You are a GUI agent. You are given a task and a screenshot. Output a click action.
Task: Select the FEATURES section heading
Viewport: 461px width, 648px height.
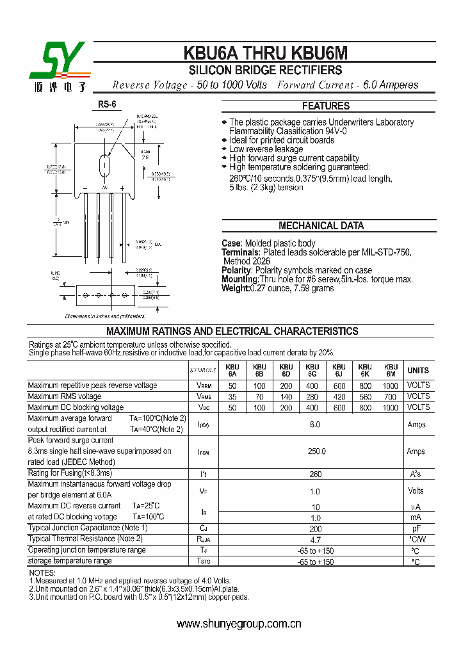(x=326, y=106)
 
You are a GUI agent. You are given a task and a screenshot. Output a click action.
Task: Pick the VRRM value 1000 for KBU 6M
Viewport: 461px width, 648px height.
(x=390, y=386)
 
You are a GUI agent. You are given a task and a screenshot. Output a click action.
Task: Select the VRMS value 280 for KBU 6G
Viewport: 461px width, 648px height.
(x=312, y=397)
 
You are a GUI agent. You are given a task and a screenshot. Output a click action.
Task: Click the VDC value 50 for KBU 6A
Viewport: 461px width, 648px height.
(x=232, y=408)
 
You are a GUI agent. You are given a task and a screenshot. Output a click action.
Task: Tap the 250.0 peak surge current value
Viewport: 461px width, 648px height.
(x=316, y=451)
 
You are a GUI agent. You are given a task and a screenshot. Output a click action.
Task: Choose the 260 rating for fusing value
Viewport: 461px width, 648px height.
(x=316, y=474)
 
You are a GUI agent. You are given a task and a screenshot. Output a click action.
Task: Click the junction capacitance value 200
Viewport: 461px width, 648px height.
(x=316, y=529)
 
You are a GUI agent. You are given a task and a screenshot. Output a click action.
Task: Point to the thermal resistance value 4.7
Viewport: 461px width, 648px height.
(x=316, y=540)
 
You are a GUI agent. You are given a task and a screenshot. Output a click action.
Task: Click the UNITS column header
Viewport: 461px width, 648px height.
(x=418, y=371)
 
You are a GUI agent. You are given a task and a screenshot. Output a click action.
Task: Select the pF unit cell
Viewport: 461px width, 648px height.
(x=416, y=529)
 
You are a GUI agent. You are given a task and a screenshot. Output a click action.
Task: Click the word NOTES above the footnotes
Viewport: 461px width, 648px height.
(x=43, y=572)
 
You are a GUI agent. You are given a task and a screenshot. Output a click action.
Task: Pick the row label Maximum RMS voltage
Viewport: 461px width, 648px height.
(x=65, y=396)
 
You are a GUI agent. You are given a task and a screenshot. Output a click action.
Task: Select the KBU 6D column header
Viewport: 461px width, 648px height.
(x=286, y=371)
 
